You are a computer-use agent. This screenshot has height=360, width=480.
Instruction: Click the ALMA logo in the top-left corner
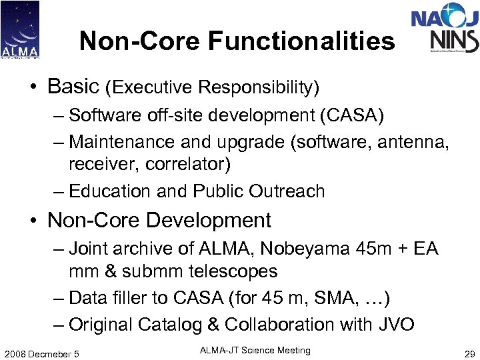click(20, 29)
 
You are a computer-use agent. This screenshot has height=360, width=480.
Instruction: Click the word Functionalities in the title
click(301, 41)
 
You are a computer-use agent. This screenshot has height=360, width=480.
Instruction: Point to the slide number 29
click(468, 353)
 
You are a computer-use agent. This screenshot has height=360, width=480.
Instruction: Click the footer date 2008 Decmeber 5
click(41, 353)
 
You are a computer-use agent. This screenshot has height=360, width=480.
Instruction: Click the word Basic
click(73, 86)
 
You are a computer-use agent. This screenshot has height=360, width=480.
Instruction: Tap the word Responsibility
click(259, 87)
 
